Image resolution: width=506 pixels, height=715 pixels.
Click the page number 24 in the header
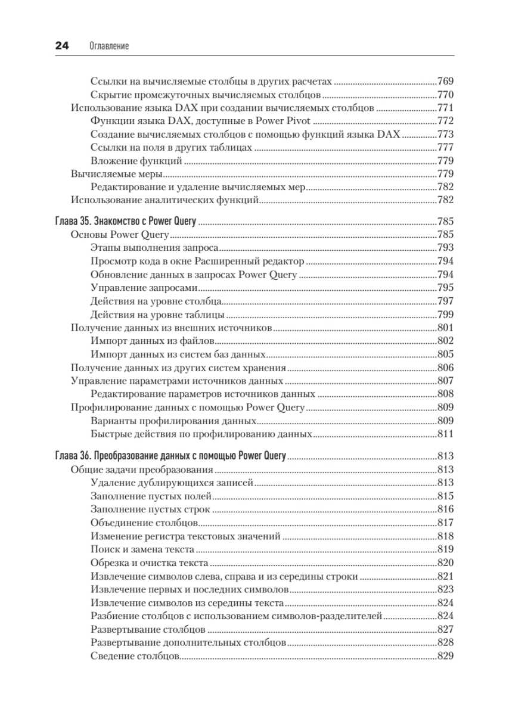point(61,46)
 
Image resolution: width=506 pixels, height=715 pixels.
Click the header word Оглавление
point(109,46)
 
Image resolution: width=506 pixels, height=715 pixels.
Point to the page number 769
point(445,81)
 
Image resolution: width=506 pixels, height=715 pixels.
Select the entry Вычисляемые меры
point(117,174)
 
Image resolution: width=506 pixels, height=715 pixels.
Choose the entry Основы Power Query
point(120,234)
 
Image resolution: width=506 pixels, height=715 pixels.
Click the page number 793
point(445,248)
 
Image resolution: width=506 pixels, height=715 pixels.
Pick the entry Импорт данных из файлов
point(152,341)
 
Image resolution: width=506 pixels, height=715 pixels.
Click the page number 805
point(445,355)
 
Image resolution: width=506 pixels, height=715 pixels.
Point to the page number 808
point(445,394)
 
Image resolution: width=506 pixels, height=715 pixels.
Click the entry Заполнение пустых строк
point(151,509)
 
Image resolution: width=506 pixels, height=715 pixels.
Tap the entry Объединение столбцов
point(144,523)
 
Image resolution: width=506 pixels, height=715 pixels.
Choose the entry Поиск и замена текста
point(142,549)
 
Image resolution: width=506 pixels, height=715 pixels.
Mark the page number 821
point(445,576)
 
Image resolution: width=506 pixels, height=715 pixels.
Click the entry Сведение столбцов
point(135,656)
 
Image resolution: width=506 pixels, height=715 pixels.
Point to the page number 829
point(445,656)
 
